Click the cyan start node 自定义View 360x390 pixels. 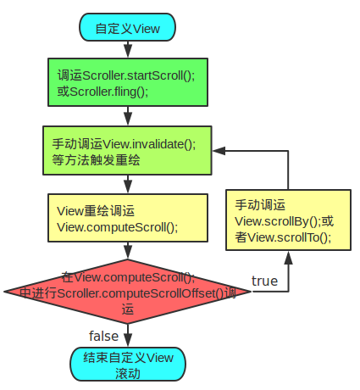127,27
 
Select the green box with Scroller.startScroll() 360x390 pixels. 127,82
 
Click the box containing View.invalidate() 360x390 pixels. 127,150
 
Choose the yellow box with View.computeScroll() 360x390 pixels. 127,219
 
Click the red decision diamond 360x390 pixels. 127,291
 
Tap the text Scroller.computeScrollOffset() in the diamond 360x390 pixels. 127,292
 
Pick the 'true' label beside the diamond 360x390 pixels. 264,281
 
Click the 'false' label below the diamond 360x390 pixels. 103,336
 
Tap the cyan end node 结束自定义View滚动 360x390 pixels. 127,365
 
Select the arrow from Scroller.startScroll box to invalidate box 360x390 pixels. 127,116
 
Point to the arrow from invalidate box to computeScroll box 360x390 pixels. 127,184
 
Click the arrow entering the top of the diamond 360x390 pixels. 127,252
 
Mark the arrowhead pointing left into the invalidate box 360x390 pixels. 218,150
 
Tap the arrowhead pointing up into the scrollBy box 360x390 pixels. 289,258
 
